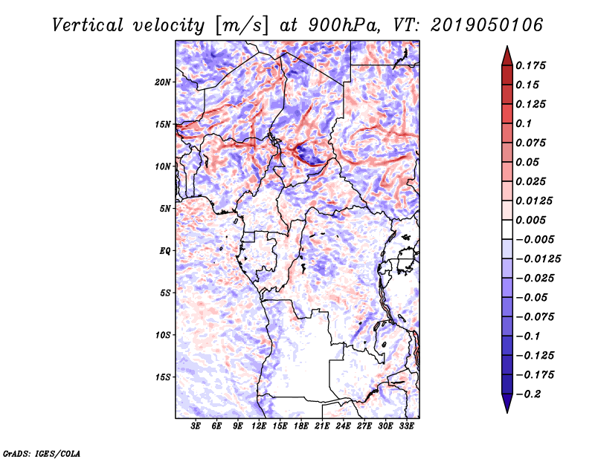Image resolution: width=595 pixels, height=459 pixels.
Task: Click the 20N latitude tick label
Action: point(163,82)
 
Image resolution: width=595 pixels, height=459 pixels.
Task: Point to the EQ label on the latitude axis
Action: point(165,250)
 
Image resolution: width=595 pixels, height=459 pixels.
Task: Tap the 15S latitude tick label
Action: point(163,377)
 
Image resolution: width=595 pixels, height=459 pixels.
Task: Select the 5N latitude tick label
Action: point(165,208)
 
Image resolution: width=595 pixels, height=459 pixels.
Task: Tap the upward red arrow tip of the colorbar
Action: point(506,49)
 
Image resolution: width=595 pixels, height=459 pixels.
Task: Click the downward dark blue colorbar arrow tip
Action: point(506,410)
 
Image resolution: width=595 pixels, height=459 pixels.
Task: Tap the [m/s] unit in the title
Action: point(237,25)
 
